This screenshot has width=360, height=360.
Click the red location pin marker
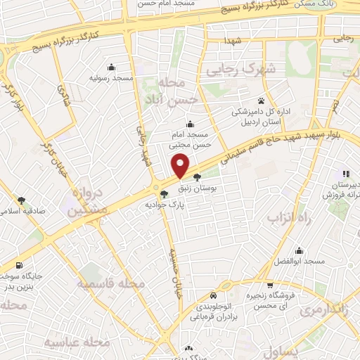pos(181,166)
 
